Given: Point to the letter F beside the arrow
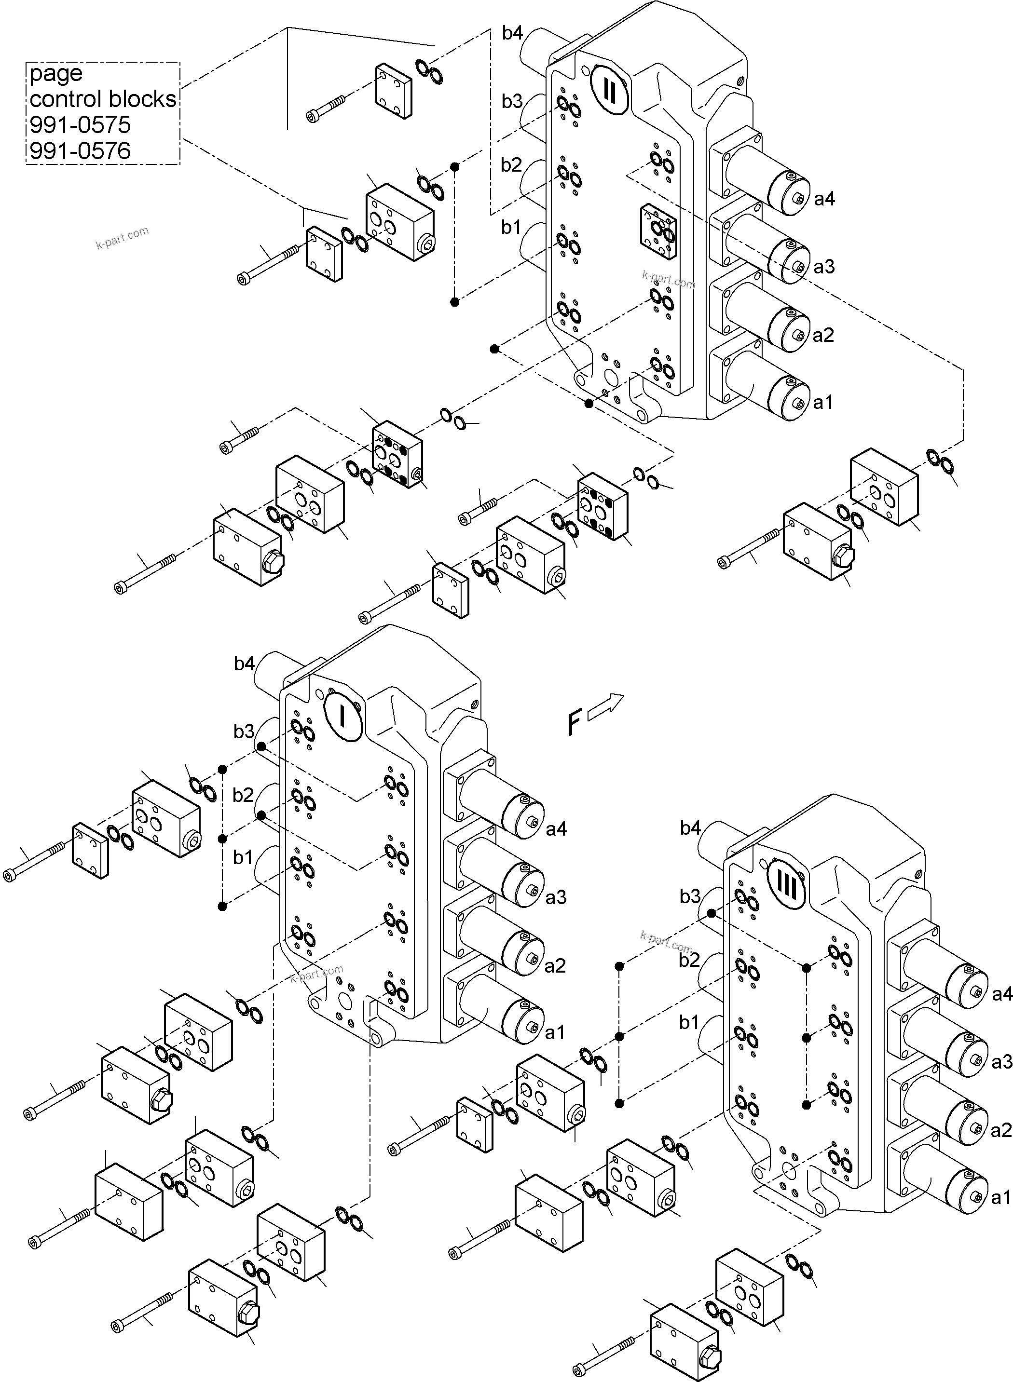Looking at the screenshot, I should point(574,722).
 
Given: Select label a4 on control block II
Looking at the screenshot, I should point(824,199).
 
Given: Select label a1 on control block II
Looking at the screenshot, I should point(823,403).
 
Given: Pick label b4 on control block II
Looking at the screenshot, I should point(513,32).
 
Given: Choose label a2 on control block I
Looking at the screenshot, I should point(555,966).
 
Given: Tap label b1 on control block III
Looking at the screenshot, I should point(689,1022).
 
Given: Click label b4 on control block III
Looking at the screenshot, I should point(690,828).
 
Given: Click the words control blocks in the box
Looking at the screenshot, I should point(102,99).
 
